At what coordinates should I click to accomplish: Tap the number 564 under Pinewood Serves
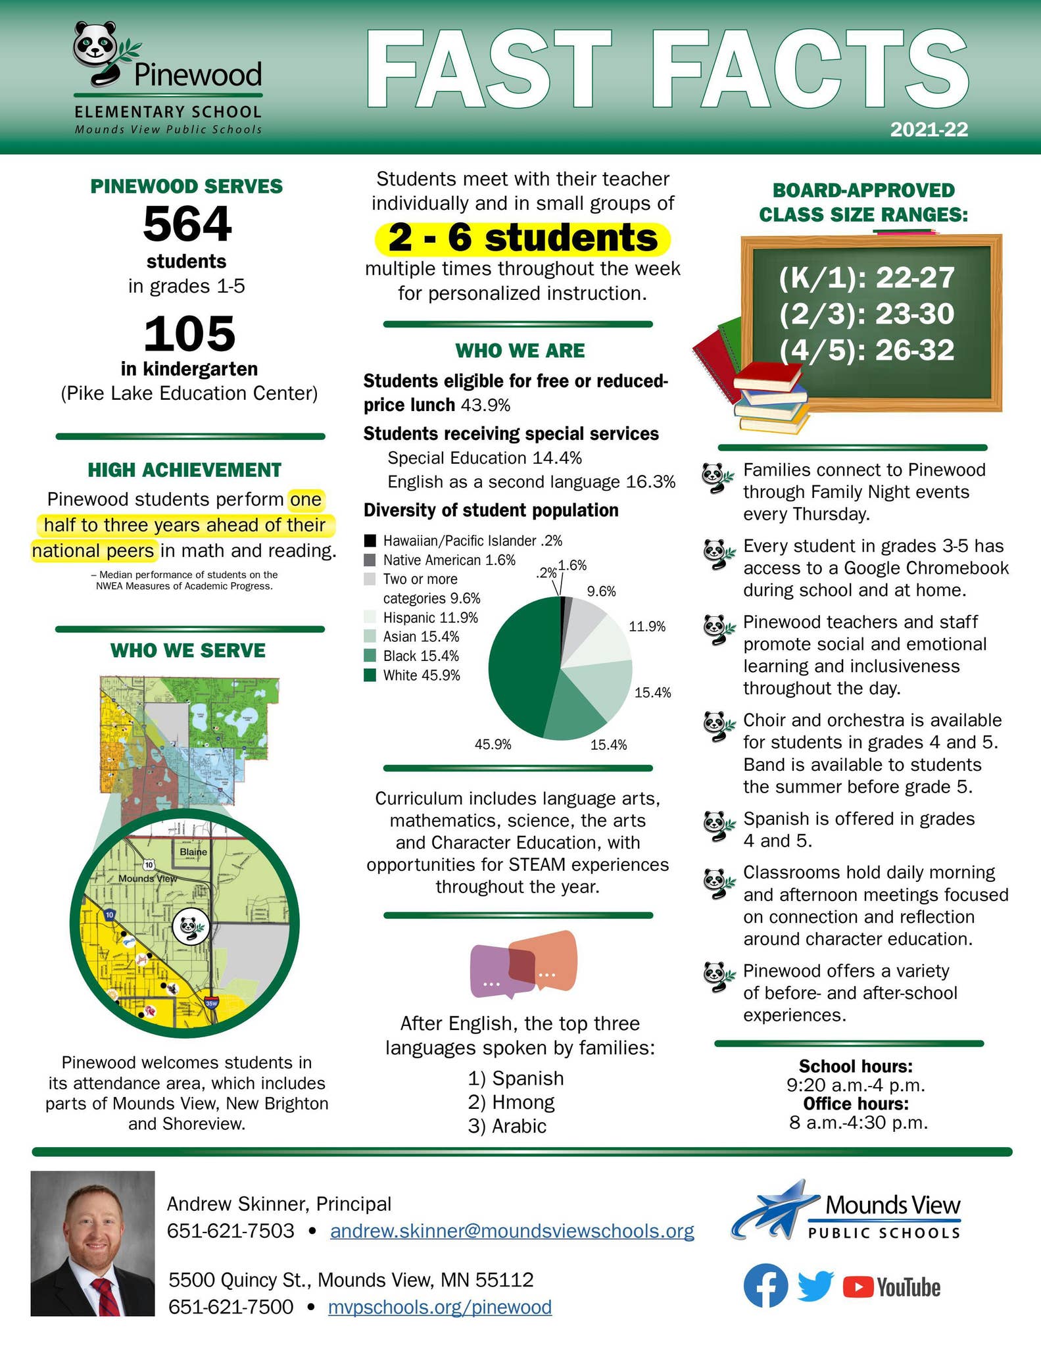pos(187,224)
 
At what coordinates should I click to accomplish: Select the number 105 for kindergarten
pos(189,333)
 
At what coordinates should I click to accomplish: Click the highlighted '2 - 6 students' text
pos(522,238)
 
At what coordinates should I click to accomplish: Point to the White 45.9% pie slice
pos(520,671)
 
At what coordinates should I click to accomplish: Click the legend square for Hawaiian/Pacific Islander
pos(370,541)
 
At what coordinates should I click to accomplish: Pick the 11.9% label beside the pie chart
pos(647,627)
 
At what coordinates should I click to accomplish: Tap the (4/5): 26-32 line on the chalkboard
pos(866,350)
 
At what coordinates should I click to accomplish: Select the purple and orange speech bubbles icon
pos(524,964)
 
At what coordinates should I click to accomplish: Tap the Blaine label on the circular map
pos(193,852)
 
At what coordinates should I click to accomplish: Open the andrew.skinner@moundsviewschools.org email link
pos(512,1231)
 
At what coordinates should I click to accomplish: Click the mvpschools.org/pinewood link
pos(439,1306)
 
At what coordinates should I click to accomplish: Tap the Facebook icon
pos(765,1285)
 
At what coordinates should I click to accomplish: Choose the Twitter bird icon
pos(815,1285)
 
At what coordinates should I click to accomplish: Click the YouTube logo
pos(891,1287)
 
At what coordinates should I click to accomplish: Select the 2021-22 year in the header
pos(929,130)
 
